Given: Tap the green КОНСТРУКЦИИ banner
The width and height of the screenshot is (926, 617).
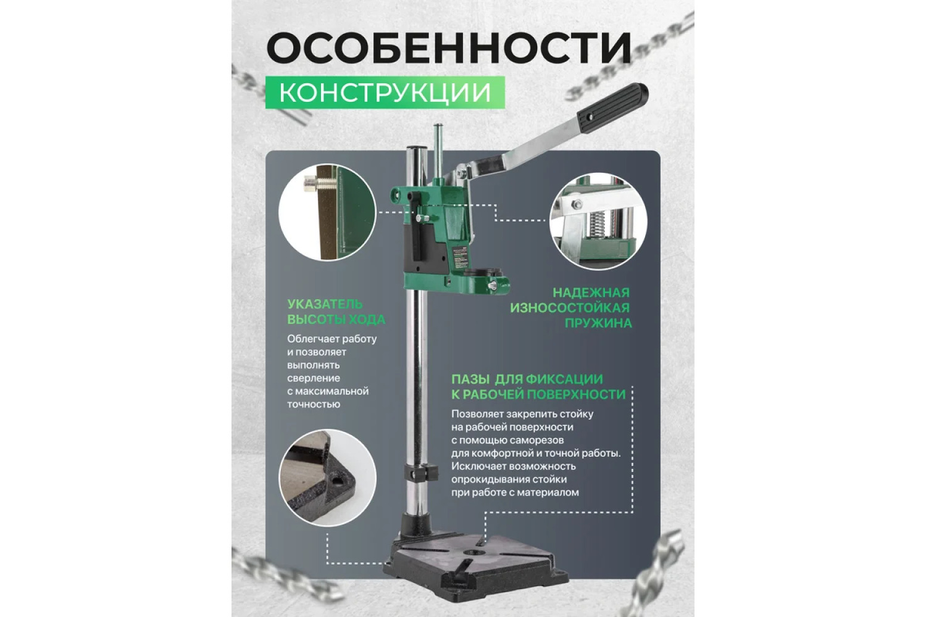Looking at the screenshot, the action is (385, 93).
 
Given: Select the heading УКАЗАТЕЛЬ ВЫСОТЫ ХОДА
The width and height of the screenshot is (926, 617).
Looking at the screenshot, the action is (336, 312).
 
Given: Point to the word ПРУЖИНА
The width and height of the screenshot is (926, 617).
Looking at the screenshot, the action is (598, 323).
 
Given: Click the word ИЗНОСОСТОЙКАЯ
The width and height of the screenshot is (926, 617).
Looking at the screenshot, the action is (570, 308).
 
